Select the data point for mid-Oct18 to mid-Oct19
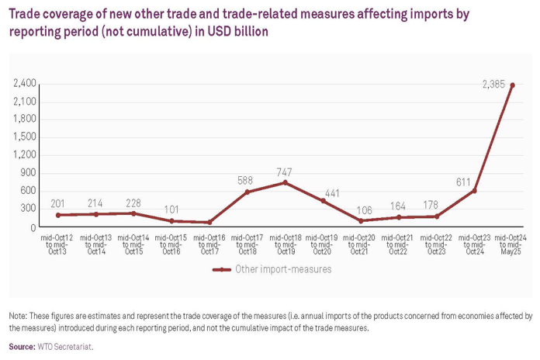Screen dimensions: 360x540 click(285, 182)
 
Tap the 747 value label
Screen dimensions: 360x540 click(286, 171)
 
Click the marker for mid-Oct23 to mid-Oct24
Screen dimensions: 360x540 click(475, 191)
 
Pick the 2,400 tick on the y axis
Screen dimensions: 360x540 click(25, 84)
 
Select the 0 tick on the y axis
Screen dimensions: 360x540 click(34, 227)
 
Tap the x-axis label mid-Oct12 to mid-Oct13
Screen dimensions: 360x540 click(58, 244)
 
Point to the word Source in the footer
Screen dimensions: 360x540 click(21, 347)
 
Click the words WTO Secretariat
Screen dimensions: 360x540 click(65, 347)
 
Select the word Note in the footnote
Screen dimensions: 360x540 click(17, 317)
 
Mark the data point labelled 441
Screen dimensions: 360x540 click(323, 201)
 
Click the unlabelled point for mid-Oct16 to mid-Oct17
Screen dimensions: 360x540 click(209, 223)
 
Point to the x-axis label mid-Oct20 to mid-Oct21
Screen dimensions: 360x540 click(361, 244)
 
